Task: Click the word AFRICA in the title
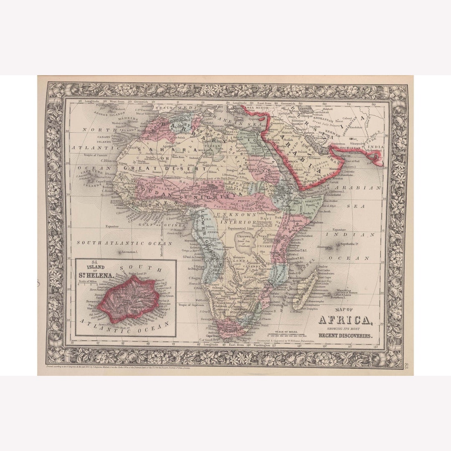[x=345, y=320]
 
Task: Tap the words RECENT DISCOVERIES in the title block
[x=345, y=335]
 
